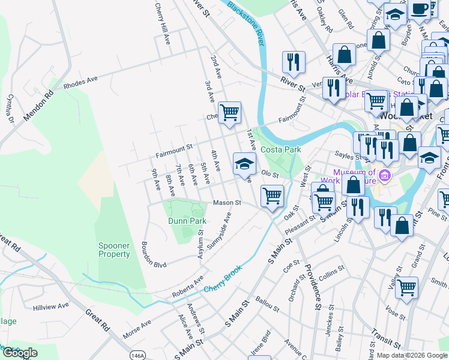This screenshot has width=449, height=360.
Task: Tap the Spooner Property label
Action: pos(114,250)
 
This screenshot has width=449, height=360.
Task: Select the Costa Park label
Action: pos(280,148)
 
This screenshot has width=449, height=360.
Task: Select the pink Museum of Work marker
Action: pos(384,176)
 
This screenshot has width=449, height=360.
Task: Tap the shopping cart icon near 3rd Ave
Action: pos(229,112)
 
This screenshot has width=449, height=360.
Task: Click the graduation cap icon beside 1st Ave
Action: pos(245,164)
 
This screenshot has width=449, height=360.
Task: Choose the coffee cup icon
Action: pos(421,10)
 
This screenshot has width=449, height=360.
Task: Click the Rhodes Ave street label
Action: pos(80,82)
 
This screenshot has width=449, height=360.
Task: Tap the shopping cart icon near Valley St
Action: pos(406,287)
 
